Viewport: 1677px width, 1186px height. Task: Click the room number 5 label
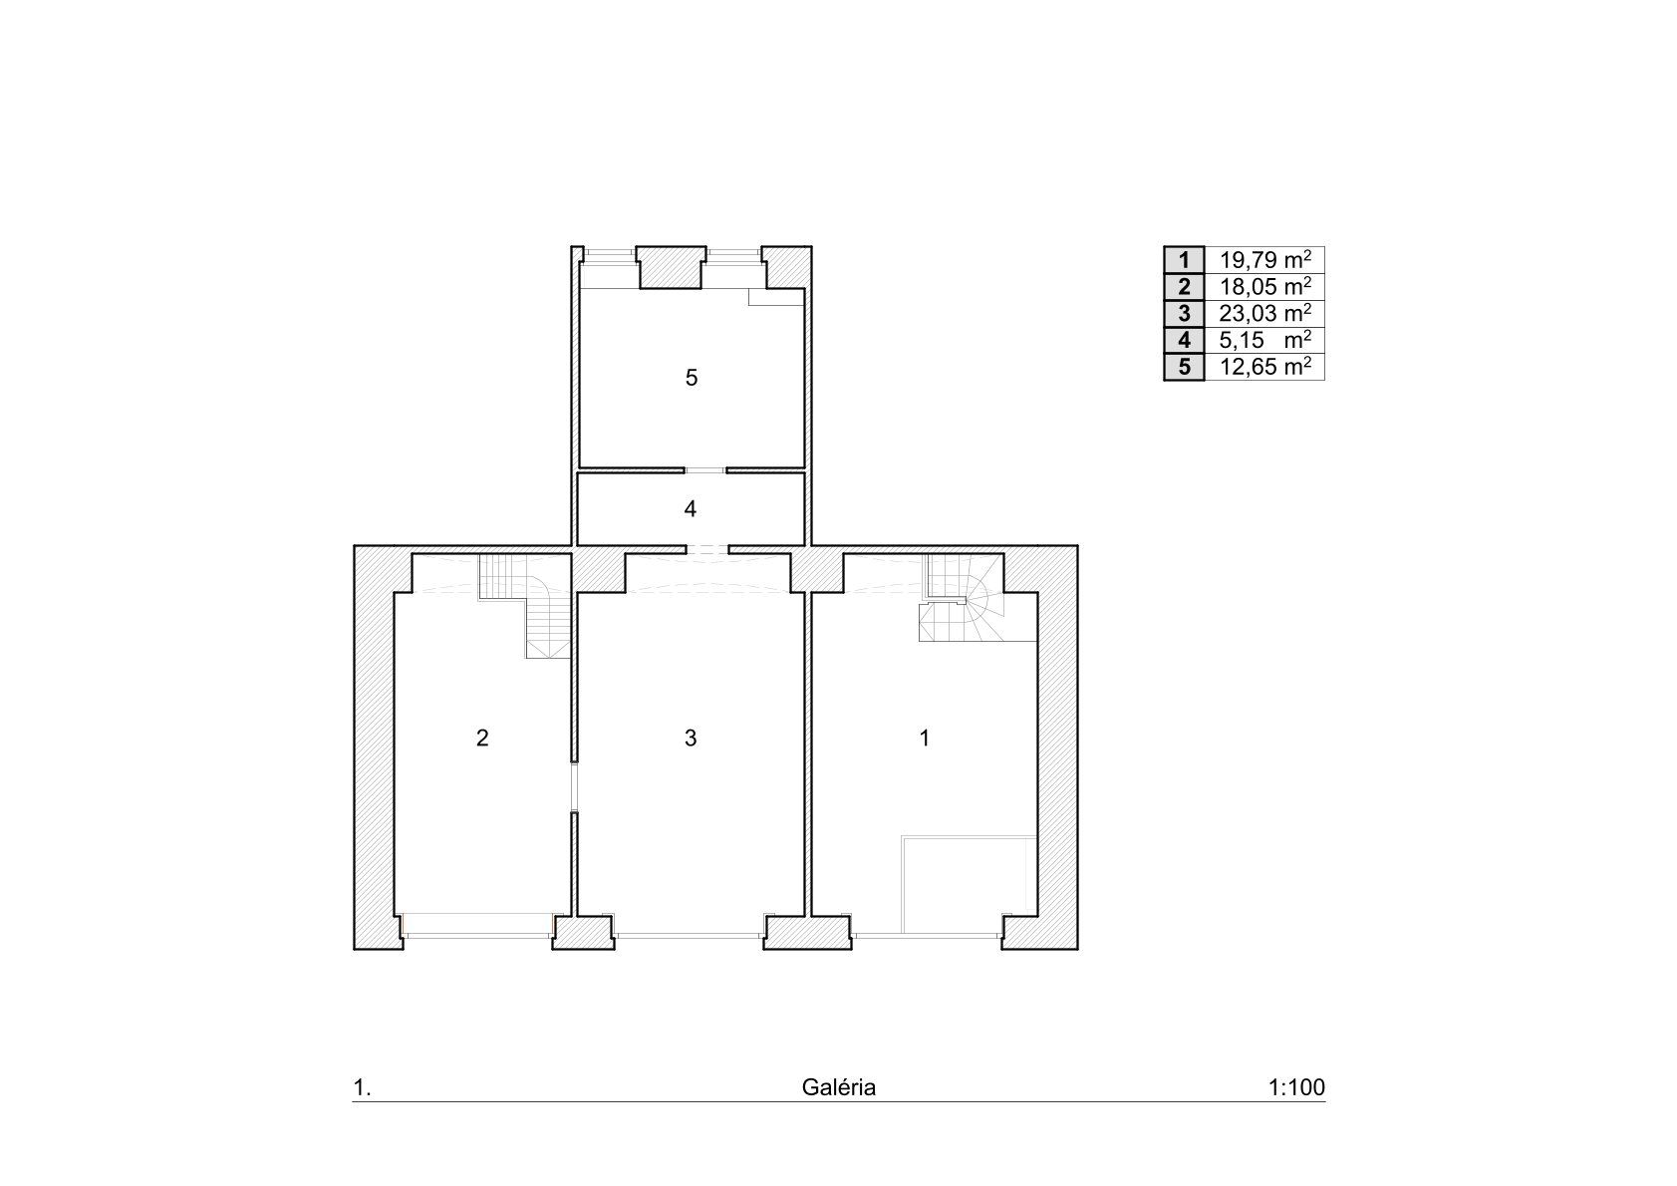coord(691,378)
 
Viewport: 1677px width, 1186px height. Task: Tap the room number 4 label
coord(691,509)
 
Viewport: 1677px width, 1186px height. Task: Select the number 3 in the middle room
coord(691,739)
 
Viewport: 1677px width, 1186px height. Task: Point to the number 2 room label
coord(482,739)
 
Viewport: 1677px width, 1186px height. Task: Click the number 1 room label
coord(925,739)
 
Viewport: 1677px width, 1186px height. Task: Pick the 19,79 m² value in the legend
coord(1265,260)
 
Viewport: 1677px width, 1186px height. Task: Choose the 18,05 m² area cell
coord(1265,287)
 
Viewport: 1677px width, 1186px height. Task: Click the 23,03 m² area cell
coord(1265,313)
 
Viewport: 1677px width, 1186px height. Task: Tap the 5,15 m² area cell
coord(1265,340)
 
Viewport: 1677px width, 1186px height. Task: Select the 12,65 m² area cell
coord(1265,367)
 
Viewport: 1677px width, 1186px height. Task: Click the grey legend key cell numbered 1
coord(1185,260)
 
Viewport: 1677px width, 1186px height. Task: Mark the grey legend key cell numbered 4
coord(1185,340)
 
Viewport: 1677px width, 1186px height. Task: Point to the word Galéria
coord(839,1087)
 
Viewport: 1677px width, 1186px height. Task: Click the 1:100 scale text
coord(1296,1087)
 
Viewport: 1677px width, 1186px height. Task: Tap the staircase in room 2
coord(525,605)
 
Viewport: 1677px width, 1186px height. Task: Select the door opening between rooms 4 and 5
coord(705,470)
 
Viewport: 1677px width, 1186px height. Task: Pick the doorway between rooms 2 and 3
coord(574,787)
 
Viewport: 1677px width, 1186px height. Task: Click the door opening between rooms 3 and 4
coord(707,549)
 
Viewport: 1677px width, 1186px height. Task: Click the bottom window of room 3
coord(690,935)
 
